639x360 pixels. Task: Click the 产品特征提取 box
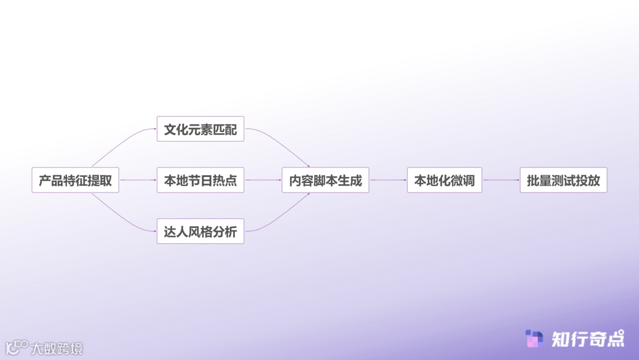click(75, 181)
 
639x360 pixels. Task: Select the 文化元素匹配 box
click(200, 129)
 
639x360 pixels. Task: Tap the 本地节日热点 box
click(200, 181)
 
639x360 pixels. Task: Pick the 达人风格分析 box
click(200, 232)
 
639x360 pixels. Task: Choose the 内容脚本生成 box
click(325, 181)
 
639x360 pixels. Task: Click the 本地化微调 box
click(444, 181)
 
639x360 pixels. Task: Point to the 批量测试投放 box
click(563, 181)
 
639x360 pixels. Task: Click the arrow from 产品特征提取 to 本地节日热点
click(138, 180)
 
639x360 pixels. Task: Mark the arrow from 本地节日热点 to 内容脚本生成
click(263, 180)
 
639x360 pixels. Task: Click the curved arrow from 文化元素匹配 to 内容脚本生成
click(281, 143)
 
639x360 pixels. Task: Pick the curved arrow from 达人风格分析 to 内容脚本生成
click(281, 217)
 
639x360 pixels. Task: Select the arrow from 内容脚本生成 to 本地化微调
click(388, 180)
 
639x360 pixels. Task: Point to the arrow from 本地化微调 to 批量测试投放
click(501, 180)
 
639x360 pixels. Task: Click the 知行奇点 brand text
click(588, 339)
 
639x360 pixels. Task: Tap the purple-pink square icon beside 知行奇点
click(534, 339)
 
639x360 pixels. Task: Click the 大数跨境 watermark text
click(57, 348)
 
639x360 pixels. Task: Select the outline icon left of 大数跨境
click(17, 348)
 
